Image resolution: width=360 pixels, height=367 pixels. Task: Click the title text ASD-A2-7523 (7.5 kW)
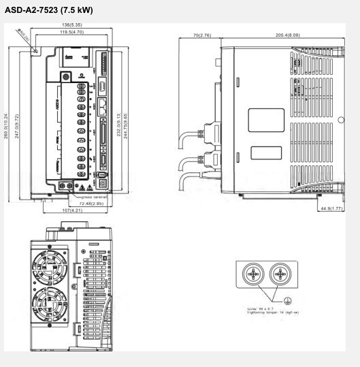pyautogui.click(x=49, y=10)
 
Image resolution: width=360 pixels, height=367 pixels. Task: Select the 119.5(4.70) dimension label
pyautogui.click(x=71, y=32)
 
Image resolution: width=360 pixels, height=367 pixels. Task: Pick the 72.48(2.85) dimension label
pyautogui.click(x=91, y=204)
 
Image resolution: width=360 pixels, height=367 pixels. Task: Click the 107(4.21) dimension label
pyautogui.click(x=73, y=211)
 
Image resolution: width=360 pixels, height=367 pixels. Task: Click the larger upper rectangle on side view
pyautogui.click(x=266, y=121)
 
